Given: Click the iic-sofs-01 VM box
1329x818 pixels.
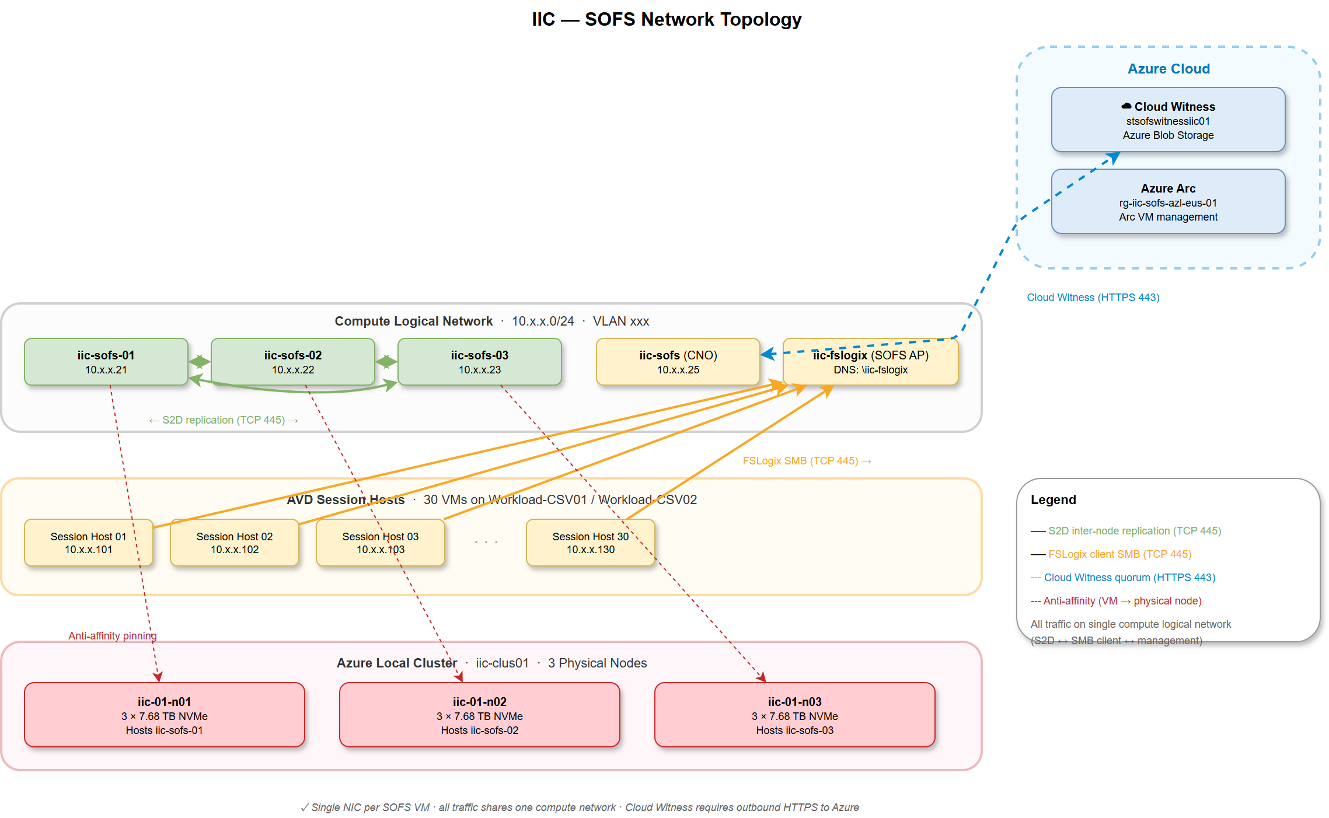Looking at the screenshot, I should pos(106,362).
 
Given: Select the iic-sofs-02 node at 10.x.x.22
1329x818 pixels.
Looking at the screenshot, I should pos(292,362).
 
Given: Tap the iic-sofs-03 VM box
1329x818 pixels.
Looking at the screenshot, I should pos(479,362).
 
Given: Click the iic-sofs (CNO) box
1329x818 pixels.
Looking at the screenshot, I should pos(678,362).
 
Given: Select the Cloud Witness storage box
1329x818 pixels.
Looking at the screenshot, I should pos(1168,120).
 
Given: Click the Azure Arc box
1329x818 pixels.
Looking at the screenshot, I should pos(1168,202).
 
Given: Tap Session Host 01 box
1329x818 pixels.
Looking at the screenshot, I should pos(88,543).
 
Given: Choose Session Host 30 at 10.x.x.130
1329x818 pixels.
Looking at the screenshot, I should pos(590,543).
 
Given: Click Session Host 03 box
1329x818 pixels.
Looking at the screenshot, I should pos(380,543).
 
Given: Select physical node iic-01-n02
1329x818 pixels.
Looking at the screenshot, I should pos(479,715).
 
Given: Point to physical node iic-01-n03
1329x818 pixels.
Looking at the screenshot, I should pos(794,715).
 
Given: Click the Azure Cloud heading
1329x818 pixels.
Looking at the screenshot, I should pos(1168,69).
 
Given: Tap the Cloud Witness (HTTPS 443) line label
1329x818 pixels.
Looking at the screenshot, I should pos(1093,298).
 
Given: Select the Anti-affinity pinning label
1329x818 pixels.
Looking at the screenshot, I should pos(112,636).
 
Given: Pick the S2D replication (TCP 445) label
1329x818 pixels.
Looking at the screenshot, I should pos(224,420).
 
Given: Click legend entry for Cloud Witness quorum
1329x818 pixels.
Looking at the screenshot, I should pos(1129,578).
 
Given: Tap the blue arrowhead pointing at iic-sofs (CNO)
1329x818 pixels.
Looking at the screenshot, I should pos(768,354).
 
